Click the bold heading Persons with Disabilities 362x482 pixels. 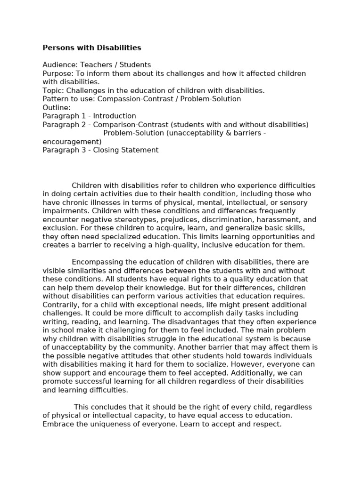pyautogui.click(x=91, y=48)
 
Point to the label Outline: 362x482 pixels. pyautogui.click(x=56, y=107)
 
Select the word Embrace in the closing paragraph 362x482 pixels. pyautogui.click(x=58, y=424)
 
